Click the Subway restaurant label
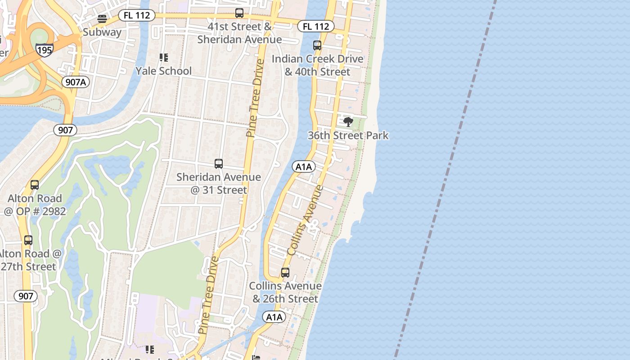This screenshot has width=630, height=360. pyautogui.click(x=102, y=32)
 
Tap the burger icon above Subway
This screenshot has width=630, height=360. pyautogui.click(x=102, y=19)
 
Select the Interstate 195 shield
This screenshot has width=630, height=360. pyautogui.click(x=45, y=49)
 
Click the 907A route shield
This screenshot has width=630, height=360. pyautogui.click(x=75, y=82)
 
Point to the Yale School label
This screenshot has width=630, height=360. pyautogui.click(x=163, y=71)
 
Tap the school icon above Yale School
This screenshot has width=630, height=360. pyautogui.click(x=163, y=58)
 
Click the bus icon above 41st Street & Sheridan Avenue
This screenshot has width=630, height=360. pyautogui.click(x=239, y=13)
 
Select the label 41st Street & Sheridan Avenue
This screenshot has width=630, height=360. pyautogui.click(x=239, y=33)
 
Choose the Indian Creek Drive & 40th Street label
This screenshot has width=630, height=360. pyautogui.click(x=317, y=65)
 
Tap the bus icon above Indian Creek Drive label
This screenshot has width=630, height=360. pyautogui.click(x=317, y=45)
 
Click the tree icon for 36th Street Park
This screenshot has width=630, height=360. pyautogui.click(x=348, y=121)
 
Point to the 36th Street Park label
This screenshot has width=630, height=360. pyautogui.click(x=348, y=135)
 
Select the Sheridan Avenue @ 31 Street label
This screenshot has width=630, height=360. pyautogui.click(x=219, y=184)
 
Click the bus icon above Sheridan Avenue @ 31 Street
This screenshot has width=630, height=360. pyautogui.click(x=219, y=164)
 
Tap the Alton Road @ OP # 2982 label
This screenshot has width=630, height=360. pyautogui.click(x=35, y=205)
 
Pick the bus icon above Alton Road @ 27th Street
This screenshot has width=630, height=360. pyautogui.click(x=28, y=240)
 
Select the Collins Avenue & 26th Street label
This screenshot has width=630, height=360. pyautogui.click(x=285, y=292)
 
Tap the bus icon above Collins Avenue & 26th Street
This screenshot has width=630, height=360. pyautogui.click(x=285, y=273)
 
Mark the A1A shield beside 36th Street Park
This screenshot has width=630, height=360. pyautogui.click(x=304, y=167)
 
